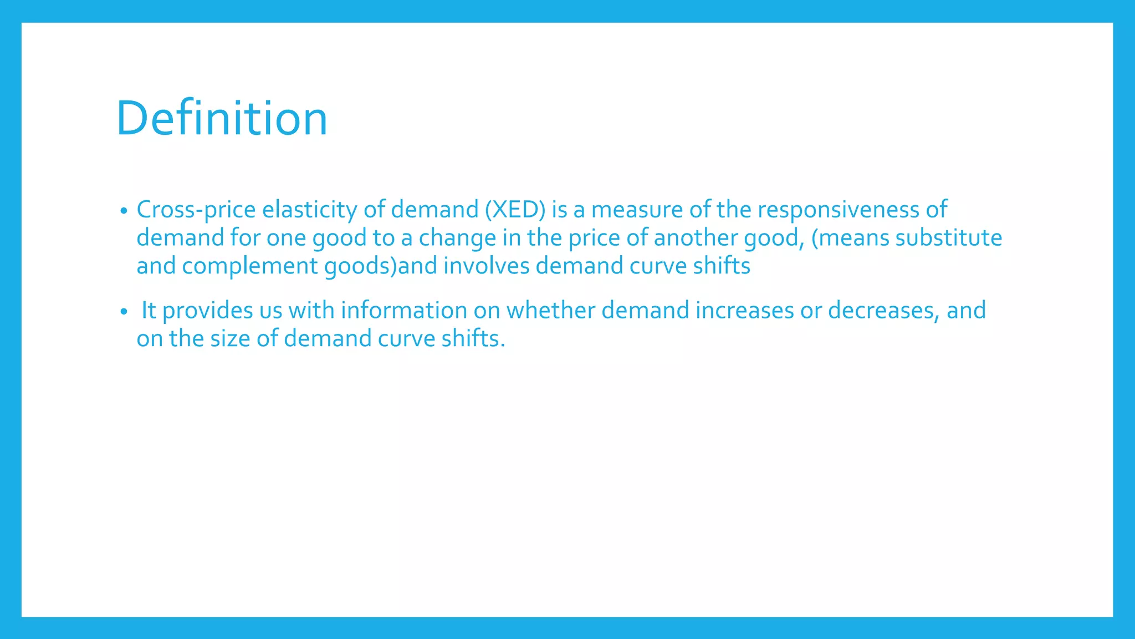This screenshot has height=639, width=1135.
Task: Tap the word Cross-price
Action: point(196,210)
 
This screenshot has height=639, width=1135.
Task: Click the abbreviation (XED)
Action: point(515,210)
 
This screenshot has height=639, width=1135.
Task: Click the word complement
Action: point(250,266)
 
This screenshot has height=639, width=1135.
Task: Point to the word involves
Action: point(487,266)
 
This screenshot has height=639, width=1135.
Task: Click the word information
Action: point(404,311)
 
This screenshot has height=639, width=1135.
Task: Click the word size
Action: point(230,339)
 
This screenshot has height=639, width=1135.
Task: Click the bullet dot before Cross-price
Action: point(124,211)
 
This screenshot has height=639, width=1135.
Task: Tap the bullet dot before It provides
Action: point(124,312)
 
